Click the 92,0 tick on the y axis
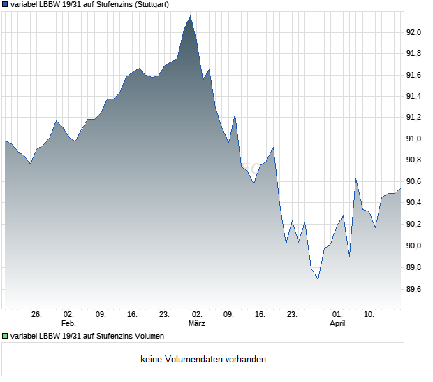416,32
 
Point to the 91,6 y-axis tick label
416,75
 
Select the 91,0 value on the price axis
416,139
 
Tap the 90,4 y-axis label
416,203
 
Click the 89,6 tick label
416,289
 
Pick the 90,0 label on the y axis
416,246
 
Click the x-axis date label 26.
37,314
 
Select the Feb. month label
68,323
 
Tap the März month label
196,323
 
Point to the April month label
337,323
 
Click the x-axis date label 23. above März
164,314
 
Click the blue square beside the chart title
5,5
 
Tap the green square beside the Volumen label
5,336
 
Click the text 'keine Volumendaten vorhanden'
203,360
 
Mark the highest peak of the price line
190,15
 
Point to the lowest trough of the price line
318,279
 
